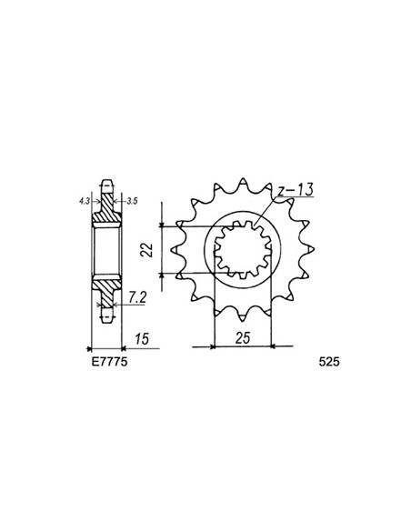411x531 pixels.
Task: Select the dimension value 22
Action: tap(145, 249)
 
